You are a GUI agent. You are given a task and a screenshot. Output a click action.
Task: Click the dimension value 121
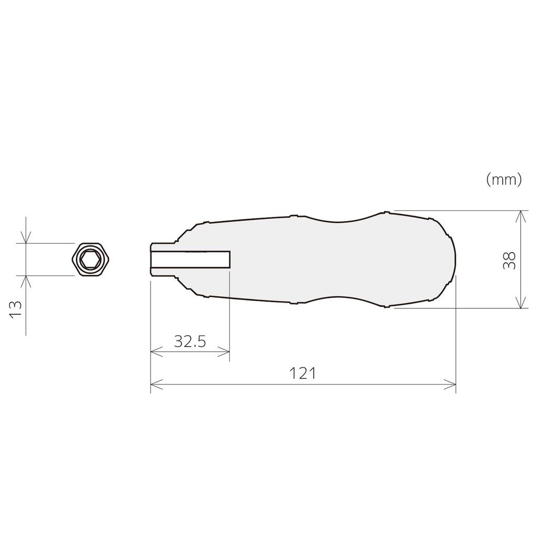point(303,373)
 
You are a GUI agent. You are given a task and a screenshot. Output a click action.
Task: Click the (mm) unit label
point(503,180)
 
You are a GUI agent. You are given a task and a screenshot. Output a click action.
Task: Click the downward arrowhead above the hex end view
point(25,239)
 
